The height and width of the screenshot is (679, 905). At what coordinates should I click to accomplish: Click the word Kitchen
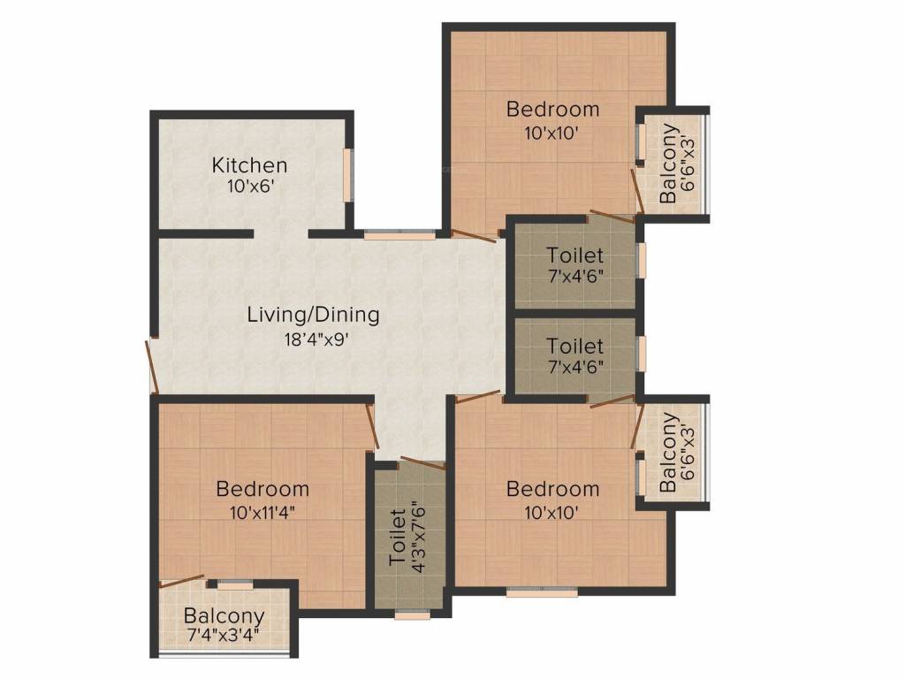tap(249, 165)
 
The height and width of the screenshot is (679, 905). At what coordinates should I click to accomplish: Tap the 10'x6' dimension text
tap(249, 187)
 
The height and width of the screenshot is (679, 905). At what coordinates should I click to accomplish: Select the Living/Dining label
tap(313, 314)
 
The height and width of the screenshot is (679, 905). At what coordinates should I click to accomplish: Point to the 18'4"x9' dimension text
tap(313, 337)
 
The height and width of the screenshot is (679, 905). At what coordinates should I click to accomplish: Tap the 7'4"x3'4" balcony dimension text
tap(224, 635)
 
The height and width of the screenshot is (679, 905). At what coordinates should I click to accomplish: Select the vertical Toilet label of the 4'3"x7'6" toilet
tap(397, 537)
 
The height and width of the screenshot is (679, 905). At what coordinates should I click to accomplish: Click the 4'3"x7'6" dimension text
tap(420, 537)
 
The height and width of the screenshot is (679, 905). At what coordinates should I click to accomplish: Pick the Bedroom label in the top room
tap(552, 110)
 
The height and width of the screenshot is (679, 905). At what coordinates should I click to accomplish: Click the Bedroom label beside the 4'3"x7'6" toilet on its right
tap(552, 489)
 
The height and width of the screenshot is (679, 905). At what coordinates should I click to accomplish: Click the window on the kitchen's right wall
tap(348, 176)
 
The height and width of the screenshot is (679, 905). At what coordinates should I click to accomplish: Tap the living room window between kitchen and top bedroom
tap(399, 235)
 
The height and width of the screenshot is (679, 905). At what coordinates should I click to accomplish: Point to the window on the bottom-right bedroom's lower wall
tap(542, 592)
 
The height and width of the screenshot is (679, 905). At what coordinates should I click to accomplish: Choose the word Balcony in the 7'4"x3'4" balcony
tap(224, 615)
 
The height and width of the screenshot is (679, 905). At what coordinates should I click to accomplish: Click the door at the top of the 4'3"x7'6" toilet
tap(422, 463)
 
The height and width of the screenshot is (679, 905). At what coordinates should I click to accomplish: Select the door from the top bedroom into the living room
tap(473, 236)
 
